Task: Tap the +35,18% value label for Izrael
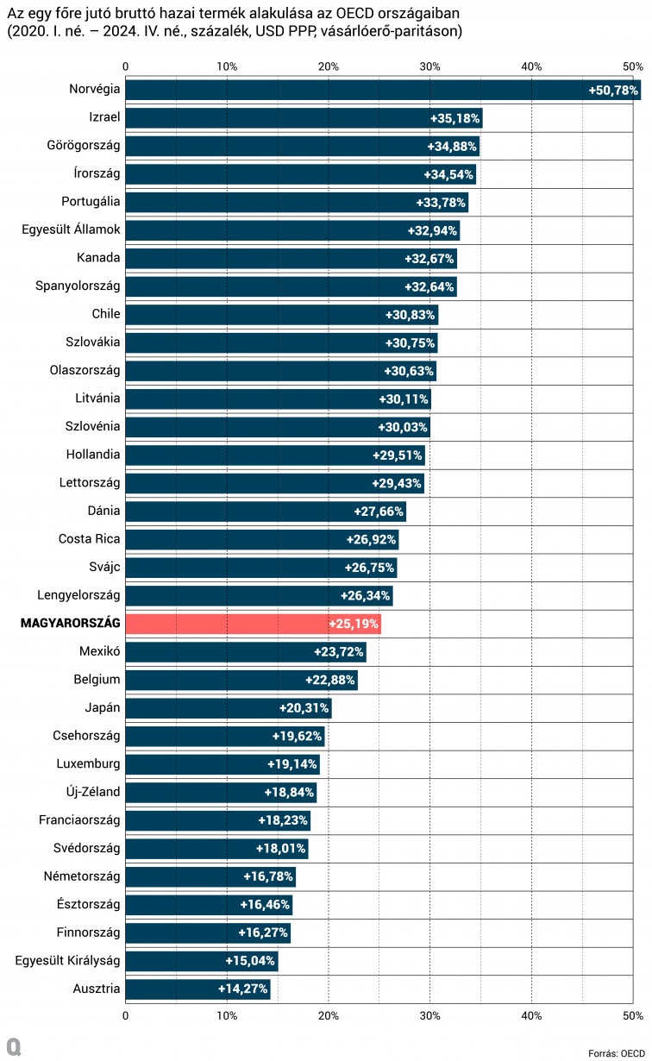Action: coord(455,118)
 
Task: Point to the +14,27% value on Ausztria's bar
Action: coord(242,989)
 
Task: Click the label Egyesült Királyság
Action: coord(67,960)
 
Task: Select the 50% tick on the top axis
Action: coord(633,66)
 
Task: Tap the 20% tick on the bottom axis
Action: coord(329,1016)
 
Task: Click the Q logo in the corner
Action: coord(12,1046)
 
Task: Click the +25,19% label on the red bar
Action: coord(354,624)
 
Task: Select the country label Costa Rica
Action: coord(90,539)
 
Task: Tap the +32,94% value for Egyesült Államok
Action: coord(432,230)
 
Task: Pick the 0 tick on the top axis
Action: coord(126,66)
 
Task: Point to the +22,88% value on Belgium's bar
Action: coord(330,680)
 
